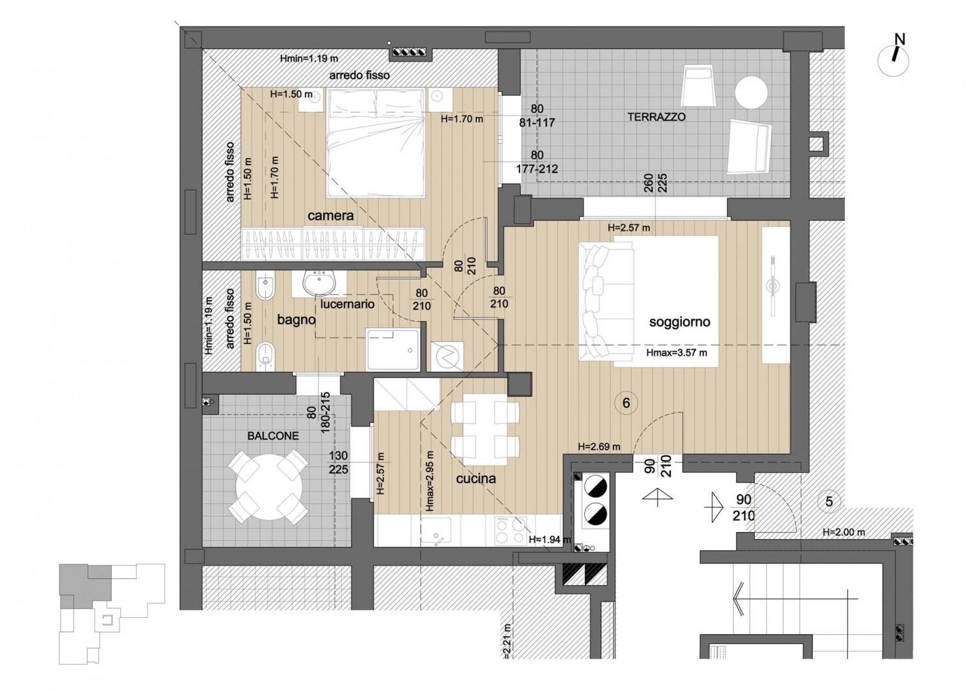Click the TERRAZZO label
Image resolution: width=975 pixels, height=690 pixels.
656,117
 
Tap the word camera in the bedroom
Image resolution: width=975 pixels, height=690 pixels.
330,216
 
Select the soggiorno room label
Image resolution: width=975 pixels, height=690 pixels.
679,322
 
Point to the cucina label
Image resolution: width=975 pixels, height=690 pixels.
476,479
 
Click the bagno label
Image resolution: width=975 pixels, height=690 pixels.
296,320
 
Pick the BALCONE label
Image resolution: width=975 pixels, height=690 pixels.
273,436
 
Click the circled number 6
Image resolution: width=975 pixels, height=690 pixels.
626,403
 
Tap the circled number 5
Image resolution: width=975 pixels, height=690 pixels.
829,501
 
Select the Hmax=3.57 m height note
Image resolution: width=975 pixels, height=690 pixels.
677,353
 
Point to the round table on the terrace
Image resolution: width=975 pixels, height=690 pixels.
751,92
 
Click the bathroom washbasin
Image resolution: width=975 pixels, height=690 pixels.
320,283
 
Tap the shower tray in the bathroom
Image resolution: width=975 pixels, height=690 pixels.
393,350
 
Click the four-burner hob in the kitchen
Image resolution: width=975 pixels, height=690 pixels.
510,531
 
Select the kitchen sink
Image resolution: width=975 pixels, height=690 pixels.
435,531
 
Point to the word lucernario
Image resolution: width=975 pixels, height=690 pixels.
347,304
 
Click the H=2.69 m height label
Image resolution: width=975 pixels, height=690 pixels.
599,447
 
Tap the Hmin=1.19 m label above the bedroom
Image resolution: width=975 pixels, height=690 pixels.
309,59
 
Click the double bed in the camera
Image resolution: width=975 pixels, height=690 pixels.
376,143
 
